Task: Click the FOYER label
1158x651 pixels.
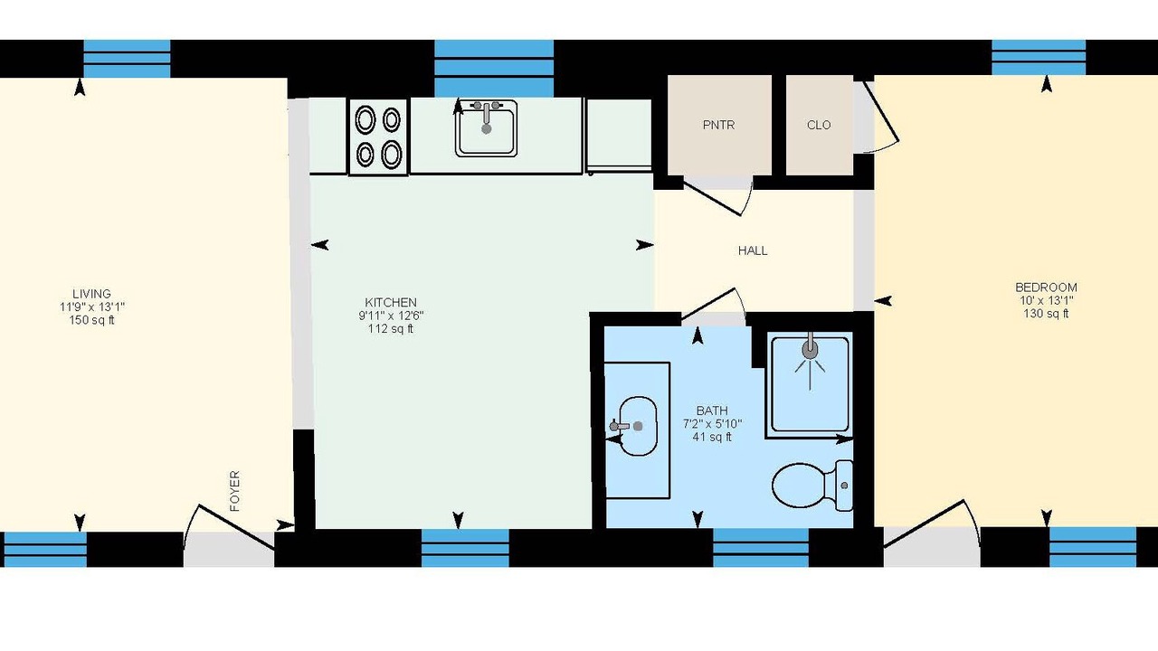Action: click(x=234, y=491)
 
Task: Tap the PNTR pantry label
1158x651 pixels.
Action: click(x=718, y=125)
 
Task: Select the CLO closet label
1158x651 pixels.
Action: click(x=819, y=125)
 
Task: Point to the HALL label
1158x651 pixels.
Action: click(x=753, y=250)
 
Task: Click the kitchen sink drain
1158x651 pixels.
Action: click(x=486, y=128)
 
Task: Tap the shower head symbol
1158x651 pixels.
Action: click(x=810, y=350)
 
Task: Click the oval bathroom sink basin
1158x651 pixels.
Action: click(x=638, y=426)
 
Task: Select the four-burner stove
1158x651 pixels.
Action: click(x=378, y=137)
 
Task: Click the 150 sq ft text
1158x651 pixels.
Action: click(x=91, y=320)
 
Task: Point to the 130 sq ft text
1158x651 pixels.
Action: click(x=1046, y=314)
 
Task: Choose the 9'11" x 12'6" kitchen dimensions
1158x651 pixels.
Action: click(x=391, y=316)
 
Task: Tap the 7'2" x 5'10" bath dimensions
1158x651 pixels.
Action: click(x=712, y=424)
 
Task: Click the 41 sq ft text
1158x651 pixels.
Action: click(x=712, y=437)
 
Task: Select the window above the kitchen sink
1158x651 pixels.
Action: click(x=494, y=68)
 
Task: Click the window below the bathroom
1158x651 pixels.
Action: click(x=761, y=548)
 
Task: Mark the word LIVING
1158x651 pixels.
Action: click(x=91, y=294)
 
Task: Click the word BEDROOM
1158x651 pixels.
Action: click(x=1046, y=288)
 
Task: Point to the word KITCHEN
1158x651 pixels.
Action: click(x=391, y=302)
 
